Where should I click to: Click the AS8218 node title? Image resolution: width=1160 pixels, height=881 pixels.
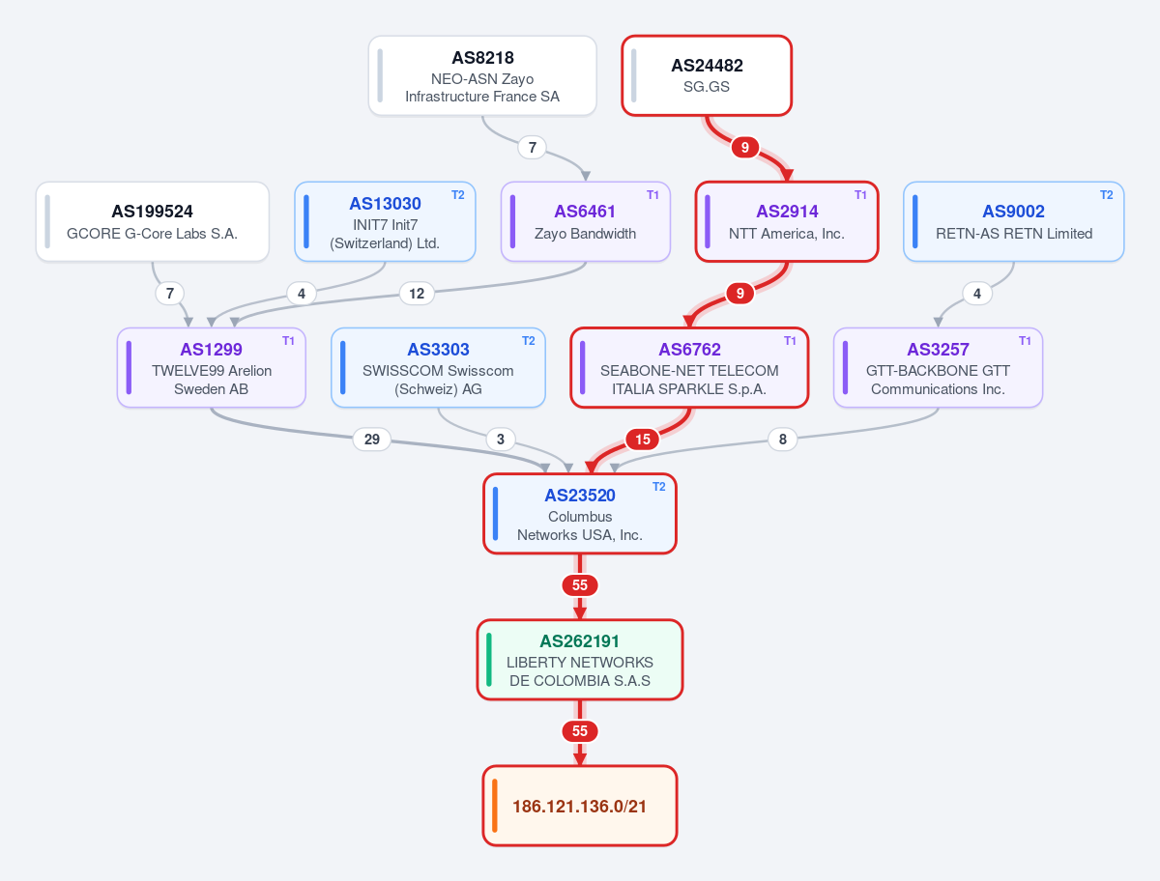[482, 58]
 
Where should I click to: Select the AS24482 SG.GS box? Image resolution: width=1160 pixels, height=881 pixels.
[707, 75]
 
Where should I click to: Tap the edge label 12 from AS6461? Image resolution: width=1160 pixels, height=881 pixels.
[417, 294]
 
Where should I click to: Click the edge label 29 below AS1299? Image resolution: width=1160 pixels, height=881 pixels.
[371, 440]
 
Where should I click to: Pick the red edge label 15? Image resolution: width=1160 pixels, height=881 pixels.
[642, 440]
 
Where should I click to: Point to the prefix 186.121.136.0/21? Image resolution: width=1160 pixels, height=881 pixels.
[580, 806]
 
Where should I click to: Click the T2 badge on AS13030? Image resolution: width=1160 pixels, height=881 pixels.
[457, 195]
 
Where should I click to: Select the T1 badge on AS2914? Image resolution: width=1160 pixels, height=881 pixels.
[860, 195]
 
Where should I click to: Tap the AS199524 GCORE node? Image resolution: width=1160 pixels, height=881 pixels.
[152, 222]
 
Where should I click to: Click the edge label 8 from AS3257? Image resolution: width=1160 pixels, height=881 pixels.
[783, 440]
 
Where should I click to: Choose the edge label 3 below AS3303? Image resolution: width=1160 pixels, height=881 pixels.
[501, 440]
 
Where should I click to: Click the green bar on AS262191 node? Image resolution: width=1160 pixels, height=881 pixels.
[489, 660]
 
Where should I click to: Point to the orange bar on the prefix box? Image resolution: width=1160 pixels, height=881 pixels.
[495, 806]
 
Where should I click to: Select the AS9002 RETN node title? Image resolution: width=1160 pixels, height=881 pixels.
[1013, 212]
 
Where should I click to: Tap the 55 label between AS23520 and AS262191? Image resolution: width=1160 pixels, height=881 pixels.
[580, 584]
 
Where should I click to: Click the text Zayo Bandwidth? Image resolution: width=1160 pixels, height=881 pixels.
[585, 234]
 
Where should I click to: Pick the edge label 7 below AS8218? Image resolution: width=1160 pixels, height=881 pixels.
[533, 147]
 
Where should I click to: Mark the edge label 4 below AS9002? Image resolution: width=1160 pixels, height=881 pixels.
[976, 294]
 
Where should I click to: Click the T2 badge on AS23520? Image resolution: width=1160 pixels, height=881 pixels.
[658, 487]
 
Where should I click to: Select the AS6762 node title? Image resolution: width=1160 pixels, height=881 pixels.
[689, 350]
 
